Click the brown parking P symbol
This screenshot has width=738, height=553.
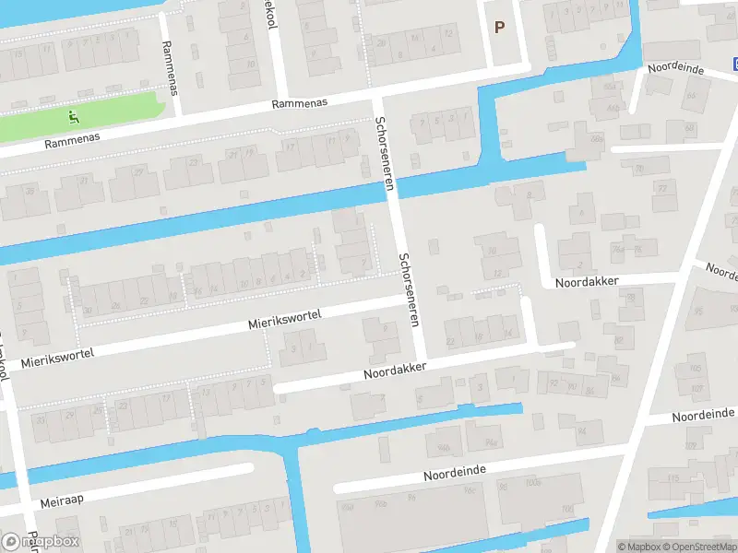(x=499, y=28)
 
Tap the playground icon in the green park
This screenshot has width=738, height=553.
(x=75, y=117)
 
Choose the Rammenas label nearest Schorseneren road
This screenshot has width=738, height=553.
(x=301, y=103)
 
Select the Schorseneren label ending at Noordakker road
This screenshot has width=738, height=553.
(x=410, y=290)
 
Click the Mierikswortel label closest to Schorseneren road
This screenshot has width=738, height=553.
(x=284, y=321)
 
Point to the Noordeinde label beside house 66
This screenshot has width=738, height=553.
(x=676, y=70)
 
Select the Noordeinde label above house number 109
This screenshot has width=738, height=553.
(x=702, y=416)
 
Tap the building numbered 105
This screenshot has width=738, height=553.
(x=694, y=370)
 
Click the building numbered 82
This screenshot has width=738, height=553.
(x=619, y=342)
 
